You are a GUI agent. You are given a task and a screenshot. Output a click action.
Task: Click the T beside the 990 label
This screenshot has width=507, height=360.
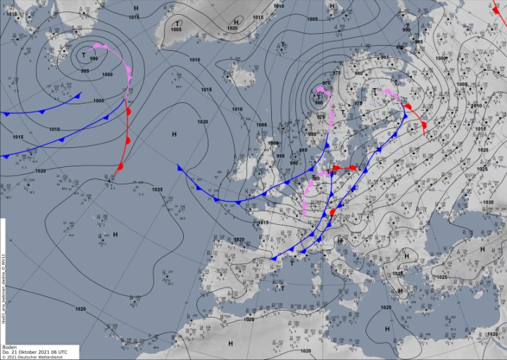84,55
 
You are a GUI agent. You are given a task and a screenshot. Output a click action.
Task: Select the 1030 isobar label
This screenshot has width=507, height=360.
489,202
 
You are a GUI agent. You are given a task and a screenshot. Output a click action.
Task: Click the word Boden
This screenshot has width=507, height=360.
9,347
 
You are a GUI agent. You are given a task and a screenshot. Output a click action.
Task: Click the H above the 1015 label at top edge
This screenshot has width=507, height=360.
136,6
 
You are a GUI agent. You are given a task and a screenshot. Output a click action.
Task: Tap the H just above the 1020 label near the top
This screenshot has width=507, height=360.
236,22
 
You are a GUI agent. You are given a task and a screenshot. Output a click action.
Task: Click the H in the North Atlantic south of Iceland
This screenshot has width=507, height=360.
174,133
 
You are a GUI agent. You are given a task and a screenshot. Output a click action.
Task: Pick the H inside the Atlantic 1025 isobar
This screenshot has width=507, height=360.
115,234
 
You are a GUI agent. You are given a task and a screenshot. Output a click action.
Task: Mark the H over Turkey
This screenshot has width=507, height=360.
482,249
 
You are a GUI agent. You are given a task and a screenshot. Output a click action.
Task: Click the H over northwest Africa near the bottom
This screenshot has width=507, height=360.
230,343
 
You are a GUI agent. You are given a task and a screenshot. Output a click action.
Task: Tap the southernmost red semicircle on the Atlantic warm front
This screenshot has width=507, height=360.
120,167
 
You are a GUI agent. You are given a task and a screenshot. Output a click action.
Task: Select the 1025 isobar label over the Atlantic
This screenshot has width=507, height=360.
156,190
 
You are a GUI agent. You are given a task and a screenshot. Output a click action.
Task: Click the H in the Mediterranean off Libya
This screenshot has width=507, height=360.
387,329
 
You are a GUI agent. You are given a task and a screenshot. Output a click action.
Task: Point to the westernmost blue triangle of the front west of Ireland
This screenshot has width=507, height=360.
180,168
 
